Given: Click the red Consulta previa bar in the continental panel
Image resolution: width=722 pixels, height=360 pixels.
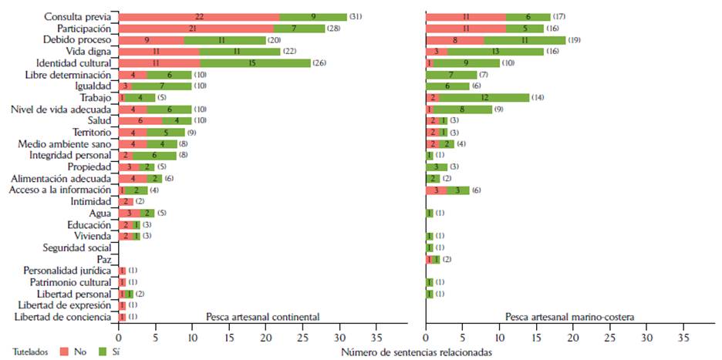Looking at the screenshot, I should [x=198, y=16].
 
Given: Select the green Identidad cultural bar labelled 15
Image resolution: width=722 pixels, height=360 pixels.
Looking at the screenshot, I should [x=255, y=62].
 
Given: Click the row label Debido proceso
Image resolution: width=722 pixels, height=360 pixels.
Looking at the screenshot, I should [x=77, y=39].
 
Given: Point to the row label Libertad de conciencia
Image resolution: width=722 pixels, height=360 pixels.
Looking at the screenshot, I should [x=63, y=317].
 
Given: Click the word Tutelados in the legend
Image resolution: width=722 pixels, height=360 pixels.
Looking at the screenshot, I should [x=28, y=351].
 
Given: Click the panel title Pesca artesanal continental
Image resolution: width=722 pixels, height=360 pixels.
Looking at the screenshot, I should [x=263, y=317].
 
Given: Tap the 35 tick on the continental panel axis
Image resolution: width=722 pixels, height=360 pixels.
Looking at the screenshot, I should [x=376, y=336].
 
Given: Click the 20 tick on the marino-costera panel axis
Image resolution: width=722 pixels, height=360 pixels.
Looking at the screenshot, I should [x=573, y=336].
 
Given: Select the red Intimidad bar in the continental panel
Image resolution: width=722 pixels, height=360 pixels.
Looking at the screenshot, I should [x=126, y=201].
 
